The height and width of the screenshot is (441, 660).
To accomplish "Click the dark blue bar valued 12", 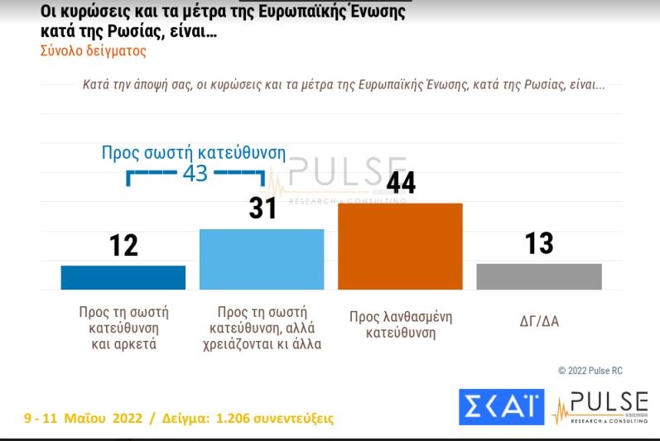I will click(123, 277).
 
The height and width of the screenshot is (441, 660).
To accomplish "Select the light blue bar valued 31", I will click(262, 259).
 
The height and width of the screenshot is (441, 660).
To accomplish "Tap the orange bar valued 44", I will click(400, 246).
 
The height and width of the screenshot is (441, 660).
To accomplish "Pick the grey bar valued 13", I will click(539, 276).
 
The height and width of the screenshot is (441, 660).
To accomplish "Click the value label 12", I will click(123, 245).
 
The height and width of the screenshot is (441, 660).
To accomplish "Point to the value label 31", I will click(263, 209).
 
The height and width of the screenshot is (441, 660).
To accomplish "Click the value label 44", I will click(401, 182).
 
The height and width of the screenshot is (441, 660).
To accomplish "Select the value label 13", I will click(539, 243).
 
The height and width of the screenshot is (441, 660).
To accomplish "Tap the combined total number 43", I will click(195, 174).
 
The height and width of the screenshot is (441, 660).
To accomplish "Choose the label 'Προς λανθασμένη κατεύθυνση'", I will click(400, 325).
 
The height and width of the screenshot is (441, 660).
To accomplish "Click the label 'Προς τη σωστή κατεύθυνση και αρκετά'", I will click(123, 328).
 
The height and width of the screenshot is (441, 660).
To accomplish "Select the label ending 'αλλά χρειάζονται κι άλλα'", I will click(262, 328).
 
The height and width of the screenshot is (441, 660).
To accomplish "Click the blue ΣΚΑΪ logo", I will click(501, 406).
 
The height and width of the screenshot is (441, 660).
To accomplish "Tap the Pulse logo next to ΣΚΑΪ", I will click(600, 408).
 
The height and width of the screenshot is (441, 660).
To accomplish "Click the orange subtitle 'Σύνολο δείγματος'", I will click(93, 50).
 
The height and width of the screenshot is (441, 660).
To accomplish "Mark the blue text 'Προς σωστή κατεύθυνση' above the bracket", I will click(193, 153).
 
